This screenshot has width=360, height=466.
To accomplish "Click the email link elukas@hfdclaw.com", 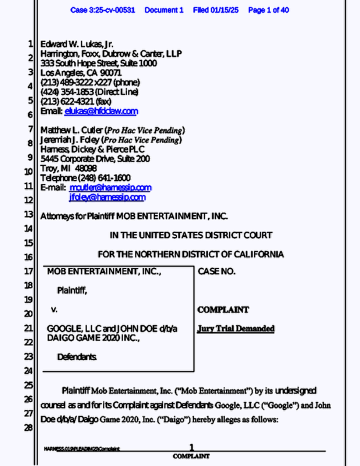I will point(101,111).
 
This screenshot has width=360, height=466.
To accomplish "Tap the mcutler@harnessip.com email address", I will point(110,188).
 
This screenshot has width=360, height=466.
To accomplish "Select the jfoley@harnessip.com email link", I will point(107,197).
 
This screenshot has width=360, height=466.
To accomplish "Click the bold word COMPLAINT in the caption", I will point(223,310).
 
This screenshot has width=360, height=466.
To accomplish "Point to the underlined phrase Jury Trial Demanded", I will point(236,329).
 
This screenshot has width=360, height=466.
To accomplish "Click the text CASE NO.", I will point(217,271).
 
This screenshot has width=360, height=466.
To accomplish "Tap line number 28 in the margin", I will point(28,428).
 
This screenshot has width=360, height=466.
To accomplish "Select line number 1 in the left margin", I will point(30,44).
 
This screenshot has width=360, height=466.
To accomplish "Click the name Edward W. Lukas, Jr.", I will point(77,44).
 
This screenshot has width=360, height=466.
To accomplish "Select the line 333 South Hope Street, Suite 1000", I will point(98,63).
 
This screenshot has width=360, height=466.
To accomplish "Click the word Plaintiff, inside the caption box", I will point(72,290).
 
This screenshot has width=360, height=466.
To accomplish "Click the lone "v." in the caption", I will point(54,309).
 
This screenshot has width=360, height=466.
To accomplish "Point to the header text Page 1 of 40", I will point(269,10).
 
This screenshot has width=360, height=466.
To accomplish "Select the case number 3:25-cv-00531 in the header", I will point(111,10).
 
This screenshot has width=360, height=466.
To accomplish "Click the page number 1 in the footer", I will point(191,447).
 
